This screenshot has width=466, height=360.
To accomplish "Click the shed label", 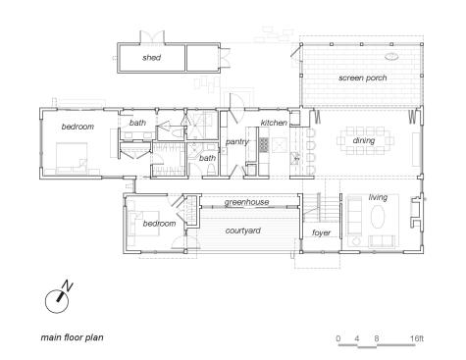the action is [151, 58].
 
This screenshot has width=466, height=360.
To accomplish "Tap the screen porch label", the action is [363, 77].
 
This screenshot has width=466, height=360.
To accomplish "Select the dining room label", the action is [364, 140].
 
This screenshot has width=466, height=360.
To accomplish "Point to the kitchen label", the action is [274, 123].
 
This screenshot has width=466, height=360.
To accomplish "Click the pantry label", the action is [236, 142].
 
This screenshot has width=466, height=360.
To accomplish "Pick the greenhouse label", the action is [246, 202].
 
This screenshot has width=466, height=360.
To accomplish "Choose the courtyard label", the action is [243, 231].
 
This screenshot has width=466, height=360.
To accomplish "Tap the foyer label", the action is [321, 232].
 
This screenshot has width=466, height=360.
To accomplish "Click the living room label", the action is [378, 197].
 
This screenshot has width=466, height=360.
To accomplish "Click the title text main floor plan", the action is [72, 337].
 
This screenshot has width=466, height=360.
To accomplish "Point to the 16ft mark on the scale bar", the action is [417, 338].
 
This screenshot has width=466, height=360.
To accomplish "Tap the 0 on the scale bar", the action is [338, 338].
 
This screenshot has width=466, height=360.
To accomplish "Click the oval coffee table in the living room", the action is [378, 216].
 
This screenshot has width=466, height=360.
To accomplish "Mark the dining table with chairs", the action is [365, 141].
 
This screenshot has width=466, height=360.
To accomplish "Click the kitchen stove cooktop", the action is [264, 145].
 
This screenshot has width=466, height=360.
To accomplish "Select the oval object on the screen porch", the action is [391, 57].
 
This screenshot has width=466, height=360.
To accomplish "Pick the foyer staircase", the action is [321, 208].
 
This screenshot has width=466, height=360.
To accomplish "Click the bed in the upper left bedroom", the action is [72, 158].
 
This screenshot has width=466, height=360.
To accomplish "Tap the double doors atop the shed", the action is [152, 36].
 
